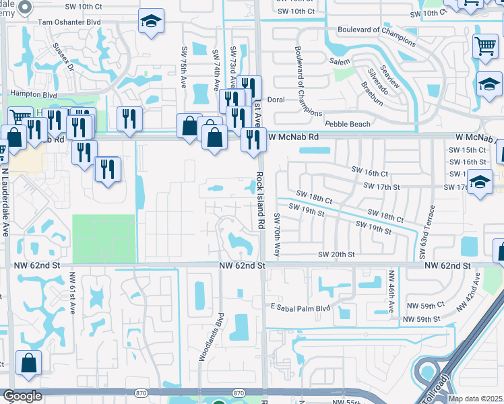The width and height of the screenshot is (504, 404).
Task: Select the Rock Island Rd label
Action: tap(259, 200)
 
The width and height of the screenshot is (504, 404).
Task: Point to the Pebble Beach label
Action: tap(347, 125)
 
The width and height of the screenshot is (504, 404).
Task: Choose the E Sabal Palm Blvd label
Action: tap(301, 308)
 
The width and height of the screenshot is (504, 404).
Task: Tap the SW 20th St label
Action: tap(336, 255)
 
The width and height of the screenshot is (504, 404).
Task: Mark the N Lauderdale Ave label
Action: tap(5, 202)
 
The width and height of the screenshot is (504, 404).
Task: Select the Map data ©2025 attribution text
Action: tap(476, 399)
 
